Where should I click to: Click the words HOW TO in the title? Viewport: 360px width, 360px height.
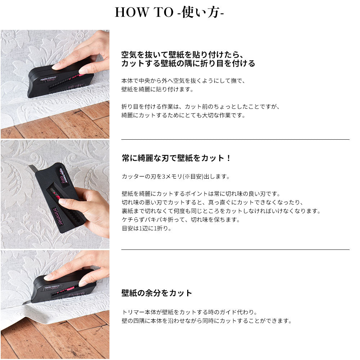point(144,12)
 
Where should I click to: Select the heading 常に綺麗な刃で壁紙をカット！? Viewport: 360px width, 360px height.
point(176,158)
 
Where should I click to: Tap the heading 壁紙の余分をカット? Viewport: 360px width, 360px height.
point(157,293)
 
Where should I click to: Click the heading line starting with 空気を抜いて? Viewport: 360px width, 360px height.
point(182,55)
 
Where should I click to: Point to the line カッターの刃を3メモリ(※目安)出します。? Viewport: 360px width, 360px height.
point(176,176)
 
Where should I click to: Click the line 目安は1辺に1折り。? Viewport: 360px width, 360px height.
point(147,229)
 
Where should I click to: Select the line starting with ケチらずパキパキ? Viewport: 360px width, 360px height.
point(181,220)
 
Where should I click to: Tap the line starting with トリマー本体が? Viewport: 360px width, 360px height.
point(189,312)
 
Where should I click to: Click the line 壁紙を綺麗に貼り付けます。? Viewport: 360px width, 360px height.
point(158,89)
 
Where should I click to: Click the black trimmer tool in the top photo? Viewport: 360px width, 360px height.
point(61,80)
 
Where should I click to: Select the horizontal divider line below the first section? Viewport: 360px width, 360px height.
point(235,139)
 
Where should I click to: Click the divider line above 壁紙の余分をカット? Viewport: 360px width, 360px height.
point(235,249)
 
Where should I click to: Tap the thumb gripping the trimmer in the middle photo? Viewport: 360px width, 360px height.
point(69,202)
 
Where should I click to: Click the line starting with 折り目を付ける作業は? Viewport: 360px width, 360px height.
point(201,107)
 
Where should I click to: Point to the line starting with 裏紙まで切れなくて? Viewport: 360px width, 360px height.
point(221,211)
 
